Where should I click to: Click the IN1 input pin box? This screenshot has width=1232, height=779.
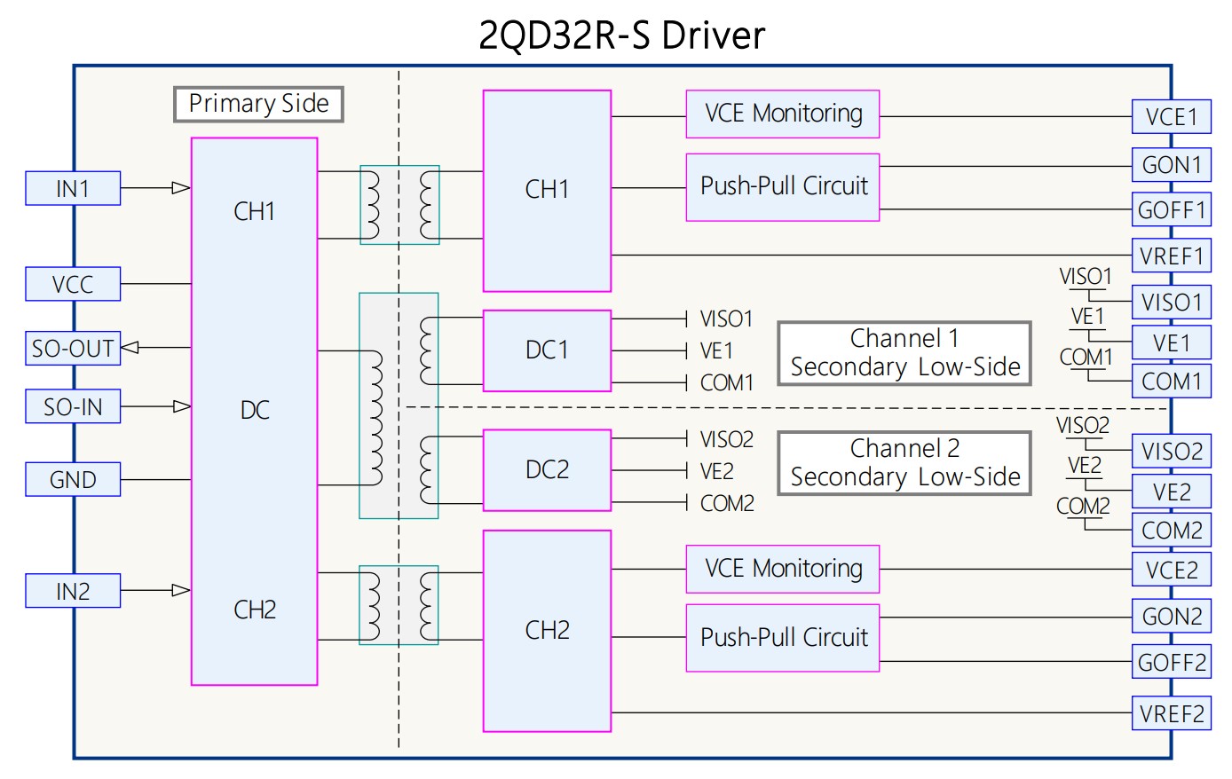click(73, 188)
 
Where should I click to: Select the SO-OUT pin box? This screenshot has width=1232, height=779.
click(73, 348)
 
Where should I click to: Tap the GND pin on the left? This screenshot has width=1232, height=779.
click(73, 479)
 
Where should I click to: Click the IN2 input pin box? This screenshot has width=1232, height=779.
click(73, 591)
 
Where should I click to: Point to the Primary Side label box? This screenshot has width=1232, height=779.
click(258, 105)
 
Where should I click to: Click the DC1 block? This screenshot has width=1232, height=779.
click(547, 350)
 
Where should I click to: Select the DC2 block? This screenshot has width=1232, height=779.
click(547, 469)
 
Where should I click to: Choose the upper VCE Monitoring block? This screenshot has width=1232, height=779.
click(782, 114)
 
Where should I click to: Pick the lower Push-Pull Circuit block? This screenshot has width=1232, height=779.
click(782, 638)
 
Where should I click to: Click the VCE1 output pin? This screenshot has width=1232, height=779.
click(1171, 116)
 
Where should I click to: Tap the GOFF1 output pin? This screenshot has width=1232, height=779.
click(1171, 210)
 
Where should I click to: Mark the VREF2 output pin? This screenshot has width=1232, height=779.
click(1171, 713)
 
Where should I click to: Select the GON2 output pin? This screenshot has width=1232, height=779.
click(1171, 616)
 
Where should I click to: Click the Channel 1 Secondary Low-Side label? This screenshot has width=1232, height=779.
click(904, 353)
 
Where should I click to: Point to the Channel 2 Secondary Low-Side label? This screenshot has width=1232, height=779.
click(904, 463)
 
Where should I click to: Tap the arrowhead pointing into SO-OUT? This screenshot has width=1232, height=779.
click(130, 348)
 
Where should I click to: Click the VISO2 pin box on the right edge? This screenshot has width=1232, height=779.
click(1171, 451)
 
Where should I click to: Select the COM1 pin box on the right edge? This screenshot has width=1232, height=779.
click(1171, 382)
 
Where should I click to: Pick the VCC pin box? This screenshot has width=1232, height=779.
click(73, 284)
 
